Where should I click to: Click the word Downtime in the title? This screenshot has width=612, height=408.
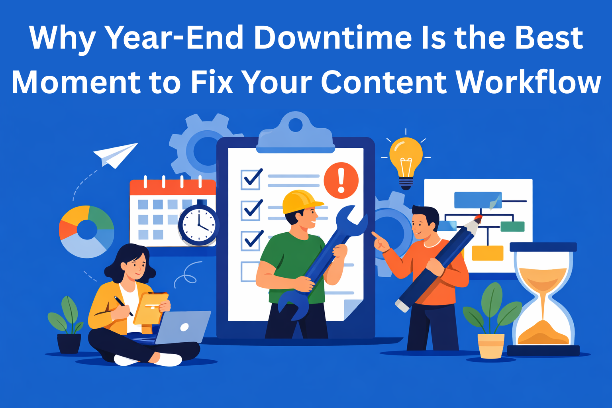click(x=333, y=38)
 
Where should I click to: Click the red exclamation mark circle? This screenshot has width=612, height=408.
click(x=341, y=180)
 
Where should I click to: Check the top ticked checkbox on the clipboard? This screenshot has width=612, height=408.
click(x=251, y=179)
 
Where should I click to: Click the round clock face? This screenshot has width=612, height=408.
click(x=198, y=226)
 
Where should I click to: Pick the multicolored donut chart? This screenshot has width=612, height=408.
click(x=87, y=231)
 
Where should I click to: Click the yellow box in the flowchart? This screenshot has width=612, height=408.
click(x=487, y=253)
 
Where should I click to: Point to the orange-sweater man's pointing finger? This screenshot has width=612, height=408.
click(x=375, y=235)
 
